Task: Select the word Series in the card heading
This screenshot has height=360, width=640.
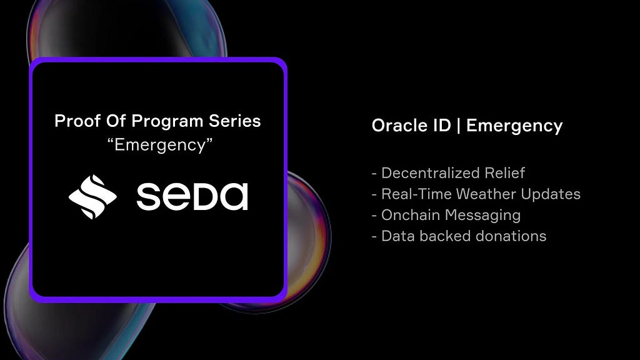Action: tap(235, 121)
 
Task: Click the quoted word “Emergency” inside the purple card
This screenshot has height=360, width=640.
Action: tap(159, 145)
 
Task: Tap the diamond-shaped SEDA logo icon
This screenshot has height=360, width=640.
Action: tap(92, 197)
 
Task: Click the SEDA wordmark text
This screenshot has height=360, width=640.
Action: tap(192, 196)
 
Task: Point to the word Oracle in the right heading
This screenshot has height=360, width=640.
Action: tap(397, 125)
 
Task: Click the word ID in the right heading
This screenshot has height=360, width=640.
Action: tap(442, 125)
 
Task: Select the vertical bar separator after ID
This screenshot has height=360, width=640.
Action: tap(458, 125)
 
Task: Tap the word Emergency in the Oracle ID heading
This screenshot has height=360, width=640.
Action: tap(514, 126)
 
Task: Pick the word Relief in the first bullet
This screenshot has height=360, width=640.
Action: tap(505, 173)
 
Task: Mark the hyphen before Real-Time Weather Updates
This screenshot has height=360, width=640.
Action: tap(374, 195)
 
